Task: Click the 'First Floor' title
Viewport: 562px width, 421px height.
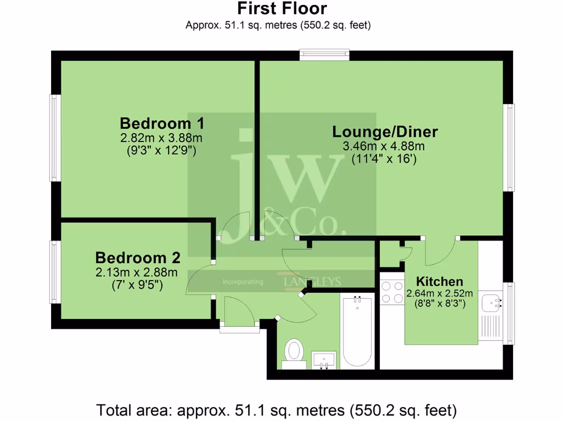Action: (282, 9)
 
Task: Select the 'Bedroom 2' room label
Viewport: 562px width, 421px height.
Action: (138, 258)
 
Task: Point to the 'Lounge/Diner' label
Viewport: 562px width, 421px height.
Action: (385, 132)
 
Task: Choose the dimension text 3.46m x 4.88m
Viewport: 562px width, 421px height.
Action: (384, 146)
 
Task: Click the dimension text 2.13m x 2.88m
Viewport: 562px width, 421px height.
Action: (137, 272)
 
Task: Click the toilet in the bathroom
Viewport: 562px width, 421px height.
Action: (294, 352)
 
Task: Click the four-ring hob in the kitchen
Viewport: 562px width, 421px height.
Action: (392, 292)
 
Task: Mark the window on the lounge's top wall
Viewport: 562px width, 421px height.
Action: (324, 54)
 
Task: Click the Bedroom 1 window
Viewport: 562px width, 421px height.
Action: (55, 138)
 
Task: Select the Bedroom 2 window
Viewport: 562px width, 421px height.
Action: (55, 272)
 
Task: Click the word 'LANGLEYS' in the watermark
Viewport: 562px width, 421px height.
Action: (312, 282)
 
